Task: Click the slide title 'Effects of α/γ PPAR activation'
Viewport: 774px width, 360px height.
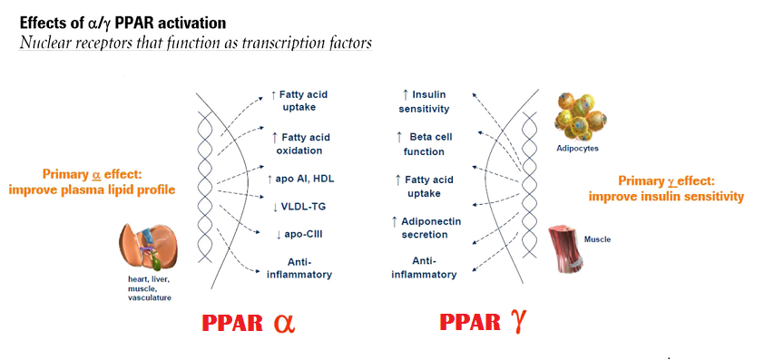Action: point(122,24)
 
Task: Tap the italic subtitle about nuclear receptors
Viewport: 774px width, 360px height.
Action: point(195,43)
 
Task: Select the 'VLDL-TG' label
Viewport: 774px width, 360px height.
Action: point(299,207)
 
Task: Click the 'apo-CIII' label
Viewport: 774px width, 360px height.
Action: point(299,234)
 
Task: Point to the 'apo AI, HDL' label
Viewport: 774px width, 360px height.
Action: point(299,179)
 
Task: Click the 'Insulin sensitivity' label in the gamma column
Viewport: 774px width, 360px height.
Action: point(424,102)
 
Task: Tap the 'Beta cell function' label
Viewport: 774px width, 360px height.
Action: point(424,143)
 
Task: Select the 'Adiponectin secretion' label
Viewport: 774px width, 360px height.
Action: point(426,228)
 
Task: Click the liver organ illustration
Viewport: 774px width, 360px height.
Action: point(148,245)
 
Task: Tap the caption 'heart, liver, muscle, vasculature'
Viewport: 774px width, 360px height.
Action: point(150,288)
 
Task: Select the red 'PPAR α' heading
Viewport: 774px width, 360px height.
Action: point(249,323)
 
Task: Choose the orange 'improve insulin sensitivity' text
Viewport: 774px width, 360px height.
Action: point(666,197)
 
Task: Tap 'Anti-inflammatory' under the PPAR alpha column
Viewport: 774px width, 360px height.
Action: point(299,268)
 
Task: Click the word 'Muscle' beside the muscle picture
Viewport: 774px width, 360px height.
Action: point(597,239)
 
